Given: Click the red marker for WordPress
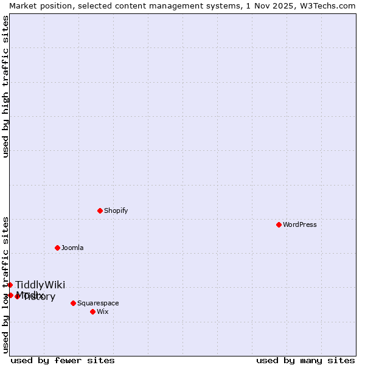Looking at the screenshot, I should pyautogui.click(x=279, y=224).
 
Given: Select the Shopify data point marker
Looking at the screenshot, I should pyautogui.click(x=100, y=210).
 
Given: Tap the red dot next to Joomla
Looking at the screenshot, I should pyautogui.click(x=57, y=248).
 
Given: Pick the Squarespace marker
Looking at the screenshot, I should pyautogui.click(x=73, y=303).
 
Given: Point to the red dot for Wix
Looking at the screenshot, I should pyautogui.click(x=92, y=311).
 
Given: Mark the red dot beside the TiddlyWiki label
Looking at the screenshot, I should pyautogui.click(x=10, y=285).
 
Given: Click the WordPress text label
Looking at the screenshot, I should pyautogui.click(x=300, y=224).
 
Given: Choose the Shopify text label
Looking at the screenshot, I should pyautogui.click(x=116, y=210).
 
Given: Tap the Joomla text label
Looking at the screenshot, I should pyautogui.click(x=72, y=248).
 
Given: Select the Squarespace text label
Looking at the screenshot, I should pyautogui.click(x=98, y=303).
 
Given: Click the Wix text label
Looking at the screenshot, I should pyautogui.click(x=103, y=311).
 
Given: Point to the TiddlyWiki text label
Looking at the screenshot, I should pyautogui.click(x=40, y=285).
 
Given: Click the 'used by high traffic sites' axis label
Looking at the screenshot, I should pyautogui.click(x=5, y=86).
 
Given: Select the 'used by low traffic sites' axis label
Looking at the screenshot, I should pyautogui.click(x=5, y=285).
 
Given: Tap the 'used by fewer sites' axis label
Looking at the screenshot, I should pyautogui.click(x=63, y=360).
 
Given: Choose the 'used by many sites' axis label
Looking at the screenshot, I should pyautogui.click(x=305, y=360).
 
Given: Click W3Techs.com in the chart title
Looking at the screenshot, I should pyautogui.click(x=327, y=5).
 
